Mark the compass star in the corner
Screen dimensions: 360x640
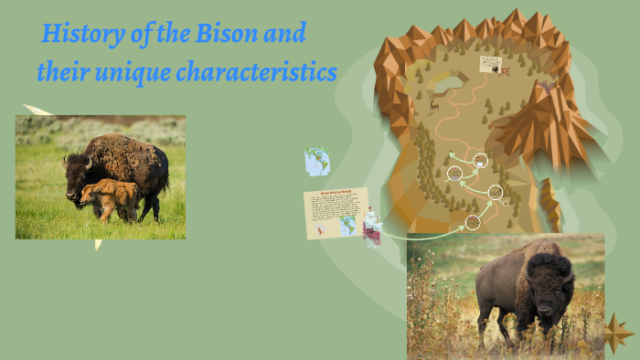click(x=618, y=330)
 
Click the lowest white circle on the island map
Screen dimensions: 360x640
click(x=473, y=221)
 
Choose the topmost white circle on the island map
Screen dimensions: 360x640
click(x=481, y=161)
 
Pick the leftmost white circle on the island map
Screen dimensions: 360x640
click(x=454, y=173)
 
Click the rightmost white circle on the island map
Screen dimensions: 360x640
click(x=496, y=192)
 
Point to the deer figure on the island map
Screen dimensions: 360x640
click(x=434, y=106)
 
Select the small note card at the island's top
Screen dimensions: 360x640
click(x=491, y=65)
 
